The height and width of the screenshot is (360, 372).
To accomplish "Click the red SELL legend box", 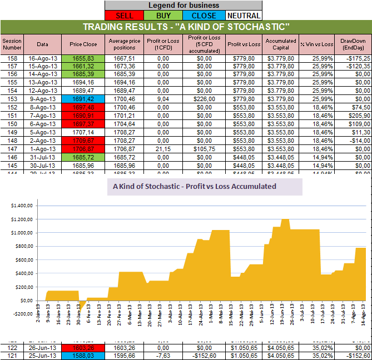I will (x=124, y=16).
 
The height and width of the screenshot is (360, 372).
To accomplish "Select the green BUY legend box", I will (x=163, y=16).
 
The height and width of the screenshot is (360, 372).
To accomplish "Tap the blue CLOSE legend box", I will (x=203, y=16).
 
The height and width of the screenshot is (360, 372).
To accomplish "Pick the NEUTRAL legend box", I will (x=243, y=16).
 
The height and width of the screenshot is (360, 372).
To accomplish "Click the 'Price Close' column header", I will (x=83, y=44).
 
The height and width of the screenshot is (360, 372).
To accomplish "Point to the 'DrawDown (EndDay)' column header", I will (x=353, y=44).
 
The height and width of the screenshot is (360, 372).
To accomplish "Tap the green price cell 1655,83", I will (x=83, y=57).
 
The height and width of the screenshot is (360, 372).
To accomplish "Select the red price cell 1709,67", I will (x=83, y=141).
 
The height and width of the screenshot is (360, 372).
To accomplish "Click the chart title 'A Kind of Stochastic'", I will (x=194, y=187).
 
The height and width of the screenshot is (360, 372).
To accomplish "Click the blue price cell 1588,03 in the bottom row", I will (x=83, y=355).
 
